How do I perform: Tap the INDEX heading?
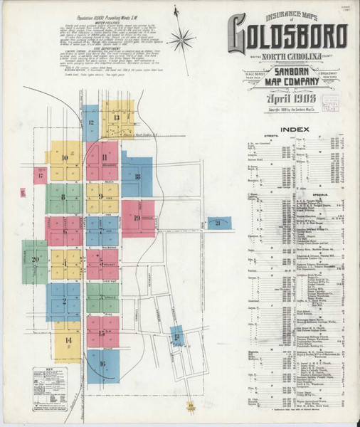(x=294, y=129)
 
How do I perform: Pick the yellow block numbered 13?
(x=117, y=118)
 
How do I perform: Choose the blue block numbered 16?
(x=103, y=364)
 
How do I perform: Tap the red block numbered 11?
(x=104, y=158)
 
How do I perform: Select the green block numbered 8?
(x=63, y=198)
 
